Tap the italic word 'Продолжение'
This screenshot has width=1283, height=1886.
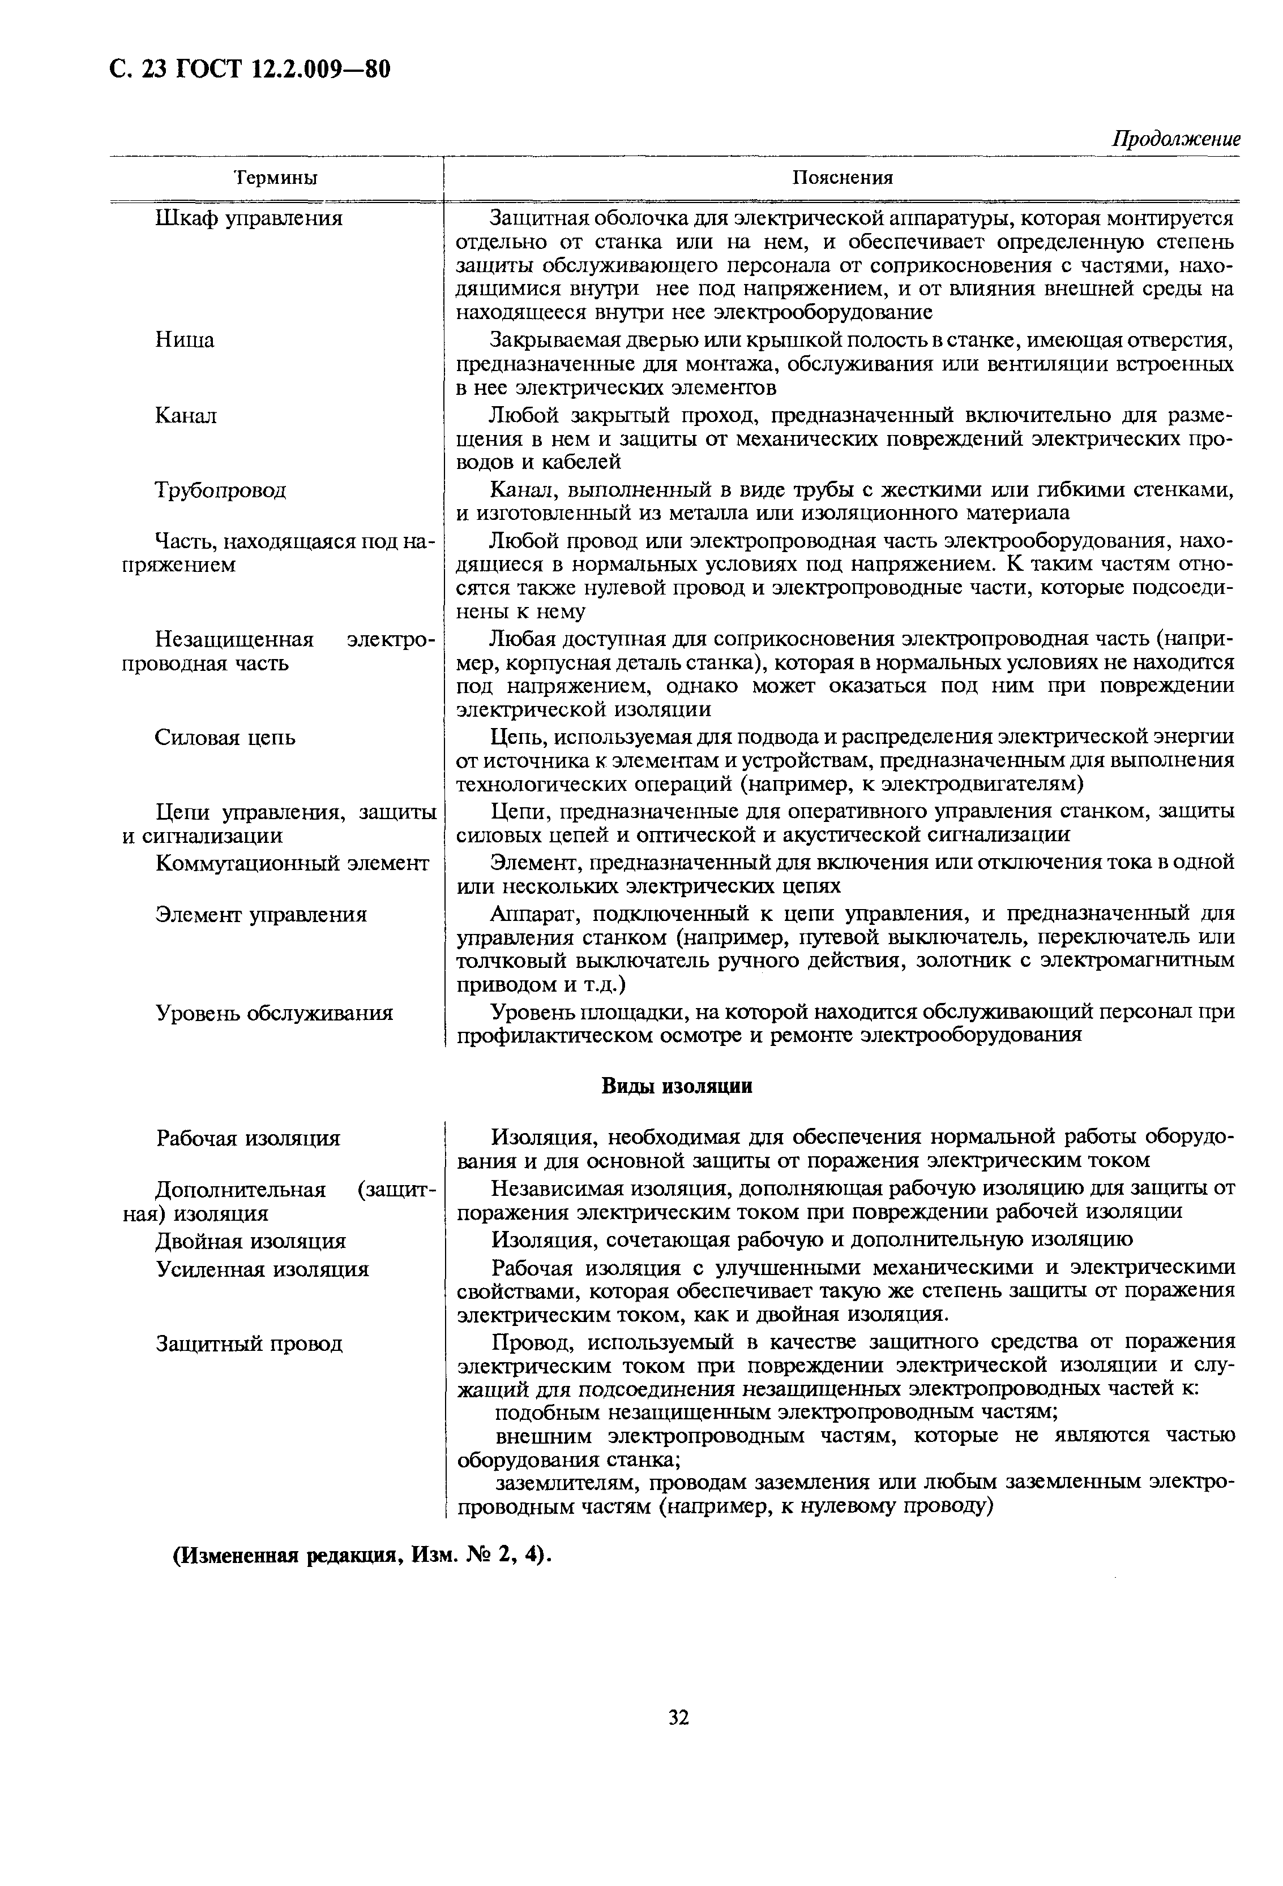(1175, 139)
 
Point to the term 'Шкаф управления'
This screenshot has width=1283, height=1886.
(249, 218)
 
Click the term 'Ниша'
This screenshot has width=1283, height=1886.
(185, 340)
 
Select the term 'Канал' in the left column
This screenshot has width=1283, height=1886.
(186, 416)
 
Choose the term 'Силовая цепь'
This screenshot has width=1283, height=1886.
(225, 738)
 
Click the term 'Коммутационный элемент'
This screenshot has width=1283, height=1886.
(292, 863)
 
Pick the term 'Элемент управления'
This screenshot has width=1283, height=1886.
(260, 915)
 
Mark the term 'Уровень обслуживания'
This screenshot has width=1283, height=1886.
(273, 1013)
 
